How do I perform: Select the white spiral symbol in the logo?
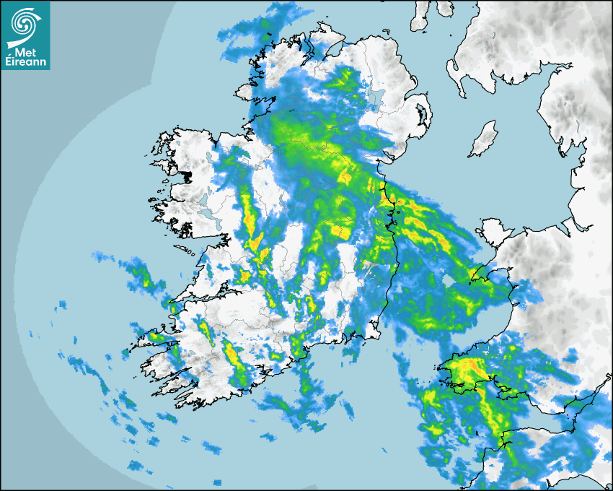[25, 25]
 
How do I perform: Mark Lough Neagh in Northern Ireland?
[376, 96]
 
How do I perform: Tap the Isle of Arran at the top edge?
[419, 14]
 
